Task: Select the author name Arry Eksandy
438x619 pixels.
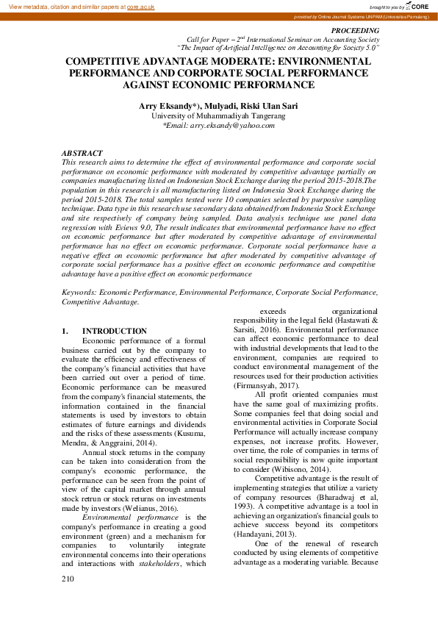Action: point(167,106)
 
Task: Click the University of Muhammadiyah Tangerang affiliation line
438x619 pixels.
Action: point(218,115)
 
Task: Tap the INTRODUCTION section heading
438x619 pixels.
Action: point(114,332)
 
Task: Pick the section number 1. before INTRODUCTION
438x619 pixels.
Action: point(65,332)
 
